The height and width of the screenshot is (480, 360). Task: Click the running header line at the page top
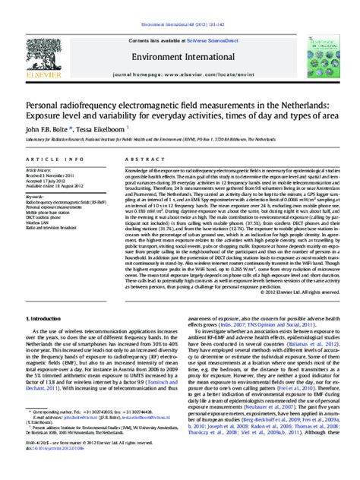180,4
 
